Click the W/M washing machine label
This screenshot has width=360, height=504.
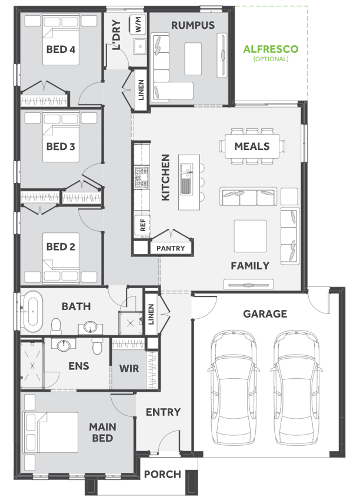(x=138, y=25)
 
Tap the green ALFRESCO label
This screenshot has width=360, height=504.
(x=271, y=49)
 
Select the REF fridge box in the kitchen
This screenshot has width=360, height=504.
(x=143, y=225)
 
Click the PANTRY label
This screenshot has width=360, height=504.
(x=171, y=248)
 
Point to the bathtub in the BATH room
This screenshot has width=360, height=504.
(x=33, y=312)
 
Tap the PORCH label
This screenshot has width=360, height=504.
(x=162, y=474)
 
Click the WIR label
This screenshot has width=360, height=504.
(x=129, y=368)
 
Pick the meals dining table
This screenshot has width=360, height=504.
(x=252, y=146)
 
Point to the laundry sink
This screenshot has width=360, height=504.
(x=140, y=47)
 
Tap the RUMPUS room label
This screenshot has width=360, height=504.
(x=193, y=25)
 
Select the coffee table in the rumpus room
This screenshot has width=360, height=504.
(x=193, y=59)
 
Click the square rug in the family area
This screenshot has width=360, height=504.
(x=250, y=236)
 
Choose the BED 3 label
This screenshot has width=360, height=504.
(x=61, y=146)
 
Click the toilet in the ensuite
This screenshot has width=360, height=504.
(x=97, y=346)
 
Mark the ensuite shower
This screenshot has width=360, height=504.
(x=32, y=365)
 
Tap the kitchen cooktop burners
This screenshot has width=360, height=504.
(x=142, y=177)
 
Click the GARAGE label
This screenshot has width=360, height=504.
(x=265, y=313)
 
